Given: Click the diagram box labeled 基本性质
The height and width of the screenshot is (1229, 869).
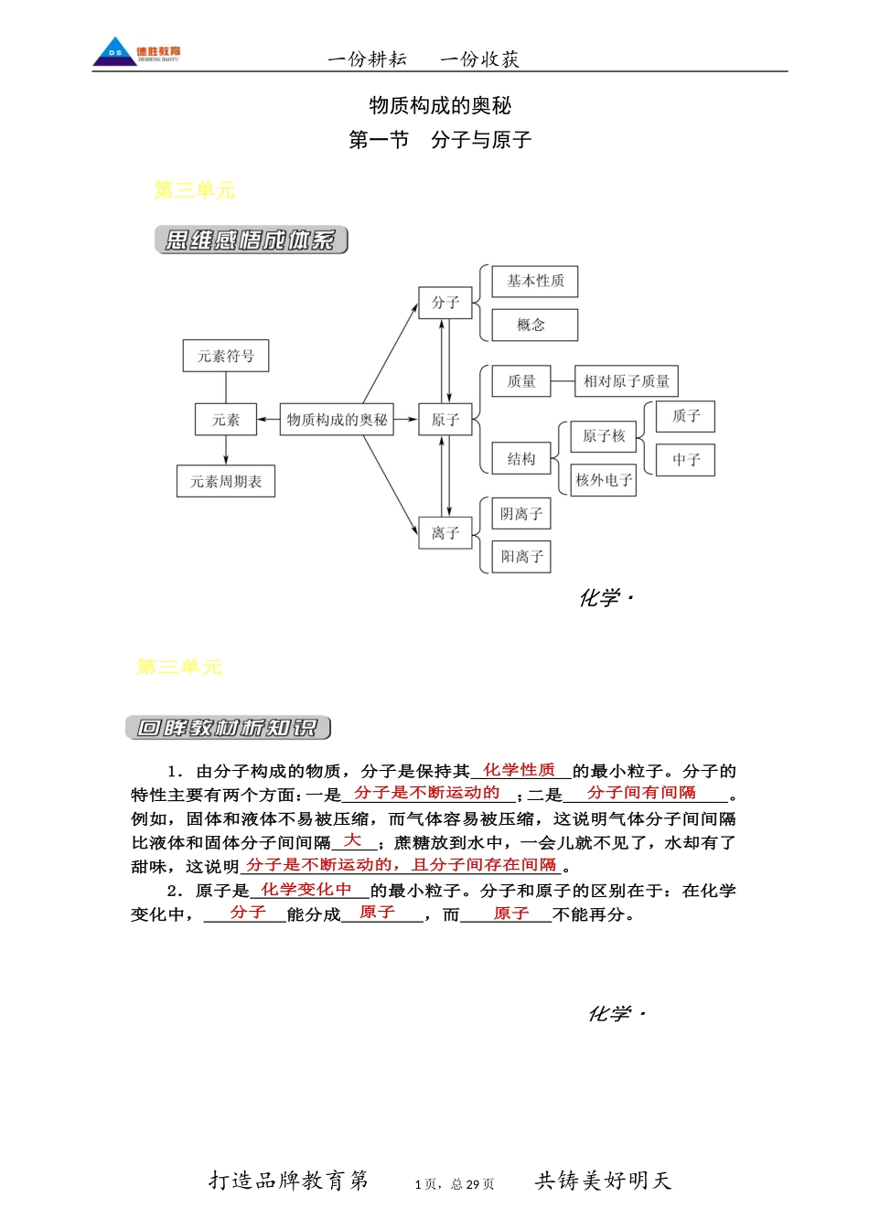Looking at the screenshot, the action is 535,281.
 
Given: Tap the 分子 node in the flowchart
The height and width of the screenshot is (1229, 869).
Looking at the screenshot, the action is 445,303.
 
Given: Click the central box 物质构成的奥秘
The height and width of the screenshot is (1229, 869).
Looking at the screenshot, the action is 337,420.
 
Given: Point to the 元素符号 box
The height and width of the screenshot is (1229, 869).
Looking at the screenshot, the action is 226,356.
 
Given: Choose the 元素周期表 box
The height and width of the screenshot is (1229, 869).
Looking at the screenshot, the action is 226,481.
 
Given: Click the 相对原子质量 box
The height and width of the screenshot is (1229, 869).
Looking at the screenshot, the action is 627,381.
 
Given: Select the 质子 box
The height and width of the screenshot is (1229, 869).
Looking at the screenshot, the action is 686,416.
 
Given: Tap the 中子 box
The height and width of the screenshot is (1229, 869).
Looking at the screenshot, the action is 686,460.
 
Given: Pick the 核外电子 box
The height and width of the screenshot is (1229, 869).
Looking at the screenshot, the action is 604,479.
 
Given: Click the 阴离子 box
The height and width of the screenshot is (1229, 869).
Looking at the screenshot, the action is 521,514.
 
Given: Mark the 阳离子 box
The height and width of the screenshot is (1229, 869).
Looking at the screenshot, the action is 521,556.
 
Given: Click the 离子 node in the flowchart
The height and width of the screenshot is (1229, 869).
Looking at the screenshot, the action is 445,533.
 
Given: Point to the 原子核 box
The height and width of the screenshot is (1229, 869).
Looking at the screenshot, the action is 604,436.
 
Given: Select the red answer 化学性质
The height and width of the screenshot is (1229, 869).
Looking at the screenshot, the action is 519,770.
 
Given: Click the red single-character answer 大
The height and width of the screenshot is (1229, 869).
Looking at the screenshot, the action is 352,840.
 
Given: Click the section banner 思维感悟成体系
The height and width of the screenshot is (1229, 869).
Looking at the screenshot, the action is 252,240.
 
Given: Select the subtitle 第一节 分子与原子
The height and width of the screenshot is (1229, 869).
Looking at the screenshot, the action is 440,140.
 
